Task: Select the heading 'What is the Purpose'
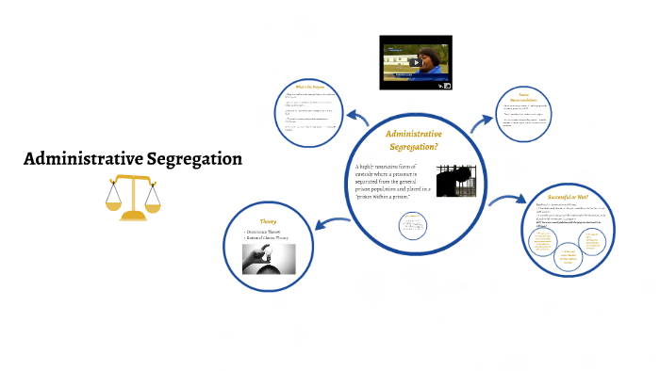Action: tap(311, 87)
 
